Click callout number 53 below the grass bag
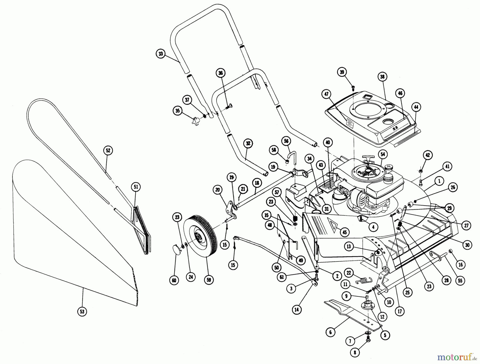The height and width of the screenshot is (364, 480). (82, 311)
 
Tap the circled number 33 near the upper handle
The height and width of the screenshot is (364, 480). (161, 54)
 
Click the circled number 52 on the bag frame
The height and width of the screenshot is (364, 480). (108, 150)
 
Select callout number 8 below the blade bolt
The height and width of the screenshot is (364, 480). (355, 353)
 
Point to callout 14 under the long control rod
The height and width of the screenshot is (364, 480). (297, 310)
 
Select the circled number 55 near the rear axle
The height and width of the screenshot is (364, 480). (460, 281)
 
